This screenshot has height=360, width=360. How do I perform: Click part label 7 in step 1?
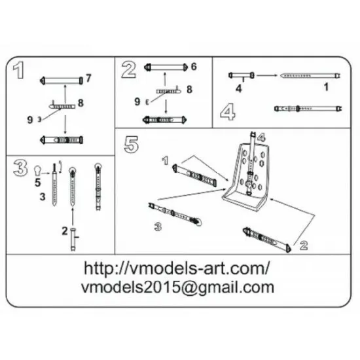(x=88, y=79)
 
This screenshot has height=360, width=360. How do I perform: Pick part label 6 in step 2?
(x=194, y=67)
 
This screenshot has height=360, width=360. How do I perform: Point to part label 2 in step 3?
(x=63, y=230)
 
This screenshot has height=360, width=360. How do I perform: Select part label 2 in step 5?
(x=303, y=245)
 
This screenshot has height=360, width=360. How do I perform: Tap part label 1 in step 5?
(x=166, y=159)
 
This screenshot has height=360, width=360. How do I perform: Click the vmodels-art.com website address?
(x=177, y=268)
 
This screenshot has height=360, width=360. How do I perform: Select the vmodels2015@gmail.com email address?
(x=177, y=287)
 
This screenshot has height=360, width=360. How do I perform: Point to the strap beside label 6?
(x=167, y=67)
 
